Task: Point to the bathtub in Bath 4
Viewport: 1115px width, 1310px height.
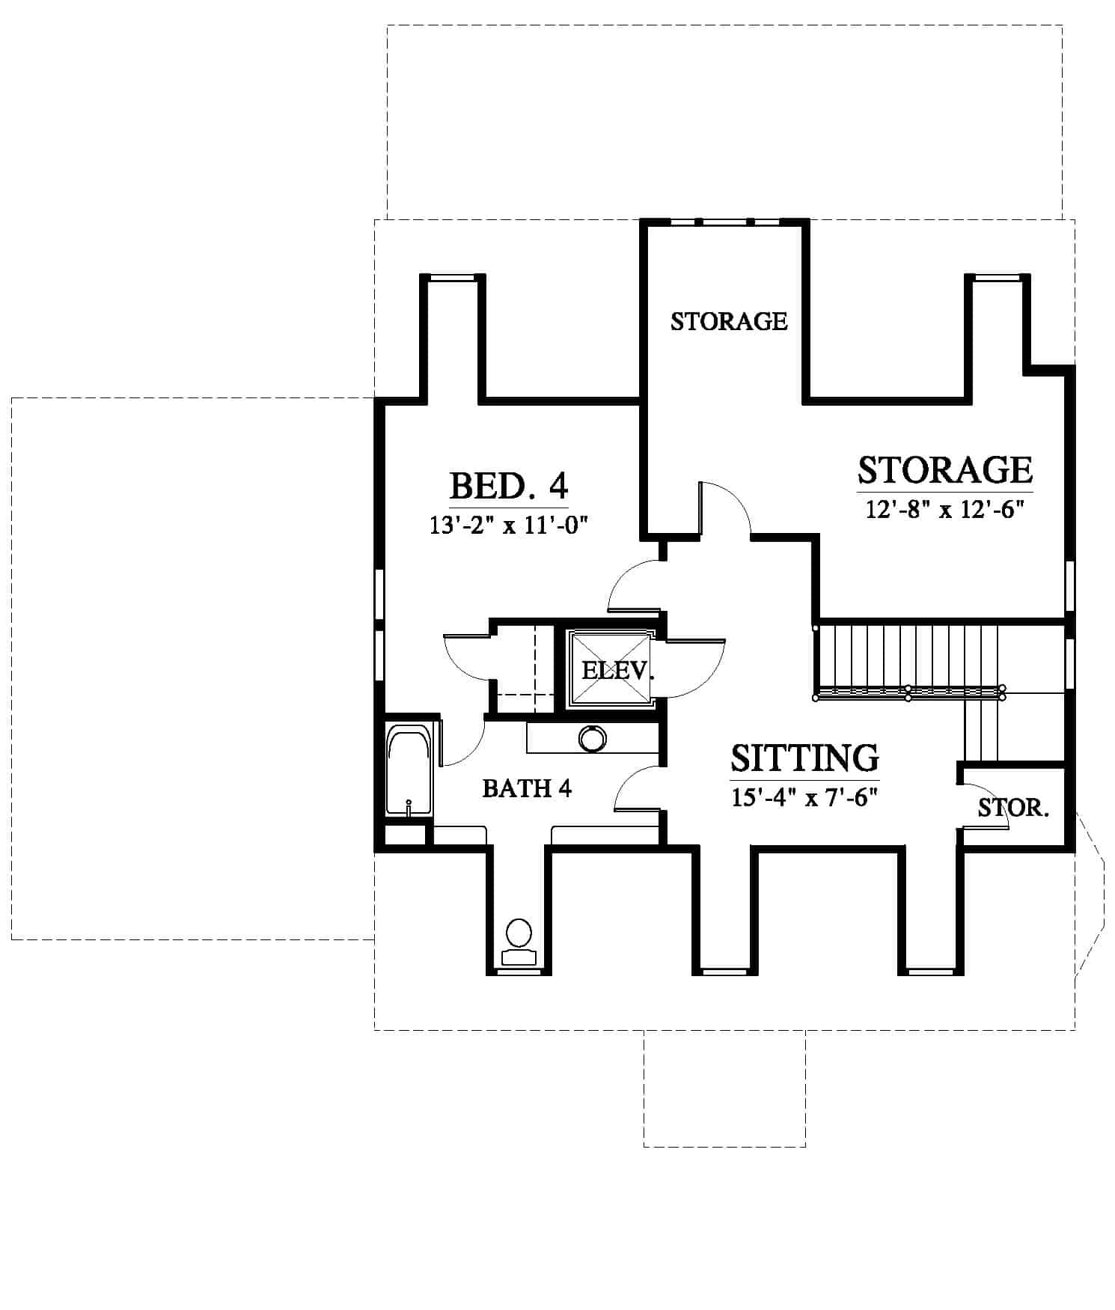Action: [409, 771]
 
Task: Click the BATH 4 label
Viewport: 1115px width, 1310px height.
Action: [527, 788]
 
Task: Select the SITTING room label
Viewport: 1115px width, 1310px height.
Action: [804, 758]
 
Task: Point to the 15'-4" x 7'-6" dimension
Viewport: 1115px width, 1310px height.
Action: [804, 797]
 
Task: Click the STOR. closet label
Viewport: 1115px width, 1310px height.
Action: [1014, 808]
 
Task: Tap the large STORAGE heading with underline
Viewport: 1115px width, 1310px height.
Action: [945, 470]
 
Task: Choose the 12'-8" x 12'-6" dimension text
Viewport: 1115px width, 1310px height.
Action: [944, 510]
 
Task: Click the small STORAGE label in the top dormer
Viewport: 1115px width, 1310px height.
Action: [729, 321]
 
